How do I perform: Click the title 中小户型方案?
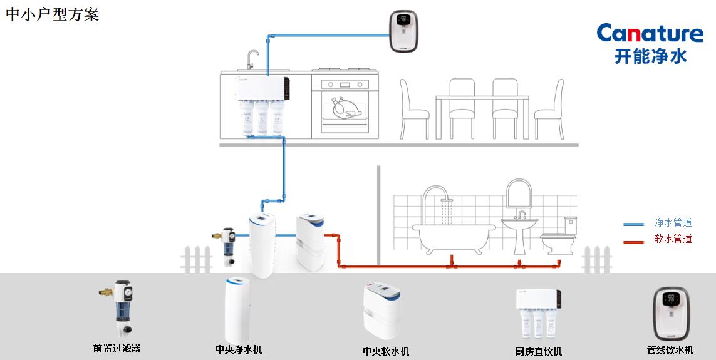tap(53, 14)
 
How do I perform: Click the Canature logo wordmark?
tap(650, 34)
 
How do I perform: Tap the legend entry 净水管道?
tap(673, 222)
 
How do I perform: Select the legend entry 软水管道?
tap(673, 239)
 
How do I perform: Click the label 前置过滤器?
tap(117, 348)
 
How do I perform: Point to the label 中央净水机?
tap(238, 349)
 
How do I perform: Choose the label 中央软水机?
tap(386, 351)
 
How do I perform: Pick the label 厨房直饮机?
tap(538, 351)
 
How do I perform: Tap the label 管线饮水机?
tap(670, 350)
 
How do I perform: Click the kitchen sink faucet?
tap(251, 59)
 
